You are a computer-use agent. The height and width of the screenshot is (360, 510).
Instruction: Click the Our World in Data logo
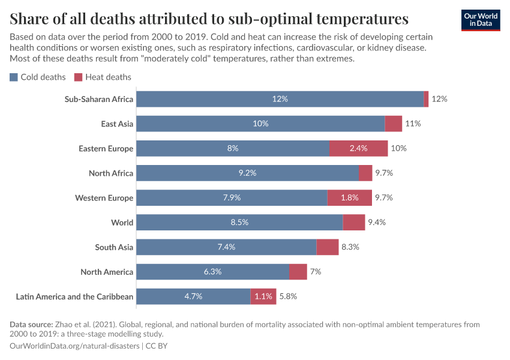click(x=480, y=20)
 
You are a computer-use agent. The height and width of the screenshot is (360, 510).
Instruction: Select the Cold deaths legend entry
click(x=38, y=77)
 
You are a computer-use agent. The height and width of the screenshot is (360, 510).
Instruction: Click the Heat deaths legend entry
click(x=103, y=77)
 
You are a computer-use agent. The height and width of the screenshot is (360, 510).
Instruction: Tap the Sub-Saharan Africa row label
click(x=99, y=99)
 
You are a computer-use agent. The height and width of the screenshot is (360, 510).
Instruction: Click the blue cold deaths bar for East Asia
click(x=260, y=124)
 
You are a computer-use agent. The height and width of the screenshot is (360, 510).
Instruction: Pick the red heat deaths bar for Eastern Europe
click(x=358, y=148)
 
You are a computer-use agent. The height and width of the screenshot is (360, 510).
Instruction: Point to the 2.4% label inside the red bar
click(x=358, y=148)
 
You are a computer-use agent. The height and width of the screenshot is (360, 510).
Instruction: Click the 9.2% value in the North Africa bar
click(x=247, y=173)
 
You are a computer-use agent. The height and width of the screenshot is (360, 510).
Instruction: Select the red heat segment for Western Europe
click(x=349, y=197)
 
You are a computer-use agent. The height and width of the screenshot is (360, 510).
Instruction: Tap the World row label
click(x=122, y=223)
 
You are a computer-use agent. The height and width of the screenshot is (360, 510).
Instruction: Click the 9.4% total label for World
click(x=376, y=223)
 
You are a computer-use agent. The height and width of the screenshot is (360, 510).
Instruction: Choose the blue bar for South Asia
click(x=226, y=247)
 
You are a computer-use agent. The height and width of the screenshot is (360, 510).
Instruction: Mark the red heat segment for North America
click(x=298, y=272)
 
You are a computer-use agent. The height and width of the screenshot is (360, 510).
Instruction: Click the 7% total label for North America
click(x=316, y=272)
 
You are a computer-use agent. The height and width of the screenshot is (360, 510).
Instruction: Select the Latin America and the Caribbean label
click(x=75, y=296)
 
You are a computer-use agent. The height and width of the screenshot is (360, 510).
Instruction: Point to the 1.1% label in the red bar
click(x=263, y=296)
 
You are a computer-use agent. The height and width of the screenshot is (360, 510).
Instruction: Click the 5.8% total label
click(x=288, y=296)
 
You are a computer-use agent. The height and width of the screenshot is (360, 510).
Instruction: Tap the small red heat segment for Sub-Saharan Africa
click(x=426, y=99)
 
